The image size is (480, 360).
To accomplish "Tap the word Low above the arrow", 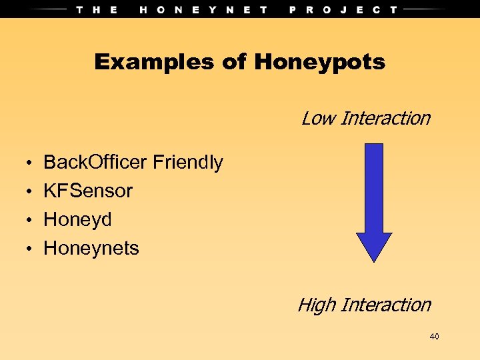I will (x=317, y=119).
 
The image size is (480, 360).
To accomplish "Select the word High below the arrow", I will (x=316, y=305).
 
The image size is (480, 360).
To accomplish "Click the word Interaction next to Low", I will (x=385, y=119).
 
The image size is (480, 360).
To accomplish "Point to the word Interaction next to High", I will (x=385, y=305).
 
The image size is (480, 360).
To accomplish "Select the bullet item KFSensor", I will (x=88, y=191).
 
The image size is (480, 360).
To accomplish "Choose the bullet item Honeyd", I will (x=77, y=219).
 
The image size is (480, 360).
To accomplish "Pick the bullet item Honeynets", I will (x=91, y=248).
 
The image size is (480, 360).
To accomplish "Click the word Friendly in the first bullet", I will (x=188, y=162).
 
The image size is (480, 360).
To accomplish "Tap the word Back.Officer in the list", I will (x=95, y=162).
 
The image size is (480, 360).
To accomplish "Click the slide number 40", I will (x=434, y=337).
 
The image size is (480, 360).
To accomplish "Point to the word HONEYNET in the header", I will (x=204, y=9).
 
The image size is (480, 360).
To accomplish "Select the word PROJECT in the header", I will (x=343, y=9).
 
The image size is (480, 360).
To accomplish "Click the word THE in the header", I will (x=97, y=9).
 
